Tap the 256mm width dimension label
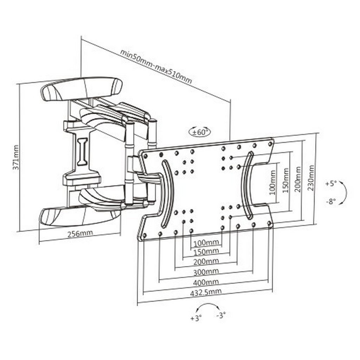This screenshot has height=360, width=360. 80,233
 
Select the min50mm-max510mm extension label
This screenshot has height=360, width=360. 156,66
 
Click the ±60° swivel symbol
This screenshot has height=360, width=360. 200,132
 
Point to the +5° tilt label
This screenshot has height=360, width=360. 331,184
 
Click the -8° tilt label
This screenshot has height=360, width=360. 331,201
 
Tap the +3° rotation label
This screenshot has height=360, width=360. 196,318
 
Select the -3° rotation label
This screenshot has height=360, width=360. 221,315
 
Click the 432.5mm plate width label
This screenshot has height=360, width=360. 206,292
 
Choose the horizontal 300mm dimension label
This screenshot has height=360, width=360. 206,272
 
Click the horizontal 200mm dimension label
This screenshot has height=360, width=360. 206,262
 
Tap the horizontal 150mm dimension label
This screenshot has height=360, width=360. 206,252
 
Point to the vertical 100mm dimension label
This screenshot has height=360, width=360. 272,182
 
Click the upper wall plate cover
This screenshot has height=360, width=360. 82,89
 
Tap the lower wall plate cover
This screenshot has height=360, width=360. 80,216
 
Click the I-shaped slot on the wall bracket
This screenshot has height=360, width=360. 82,152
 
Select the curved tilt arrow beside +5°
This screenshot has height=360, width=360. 345,192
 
